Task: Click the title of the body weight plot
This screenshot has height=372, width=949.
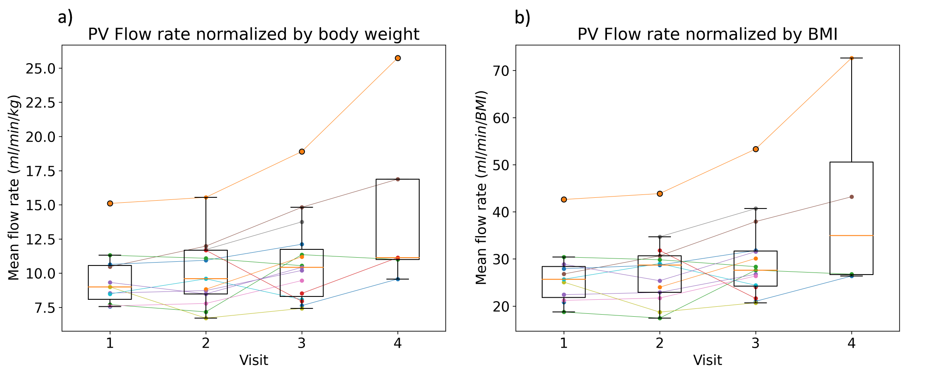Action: tap(253, 35)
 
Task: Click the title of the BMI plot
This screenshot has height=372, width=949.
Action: tap(707, 35)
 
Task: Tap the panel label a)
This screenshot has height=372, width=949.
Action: tap(65, 18)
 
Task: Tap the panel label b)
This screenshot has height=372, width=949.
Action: tap(522, 18)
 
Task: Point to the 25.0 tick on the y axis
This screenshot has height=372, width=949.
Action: tap(40, 69)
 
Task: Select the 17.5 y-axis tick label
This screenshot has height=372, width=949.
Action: tap(40, 171)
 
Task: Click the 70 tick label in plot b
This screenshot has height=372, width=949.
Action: tap(502, 71)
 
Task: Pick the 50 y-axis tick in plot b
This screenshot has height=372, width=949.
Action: tap(502, 165)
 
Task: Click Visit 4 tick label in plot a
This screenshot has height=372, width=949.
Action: tap(397, 344)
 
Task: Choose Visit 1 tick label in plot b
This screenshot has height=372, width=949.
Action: tap(564, 344)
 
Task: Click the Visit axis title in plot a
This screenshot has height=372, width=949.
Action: tap(253, 360)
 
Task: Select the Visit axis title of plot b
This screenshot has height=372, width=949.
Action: tap(707, 360)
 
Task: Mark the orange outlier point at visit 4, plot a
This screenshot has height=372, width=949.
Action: tap(398, 58)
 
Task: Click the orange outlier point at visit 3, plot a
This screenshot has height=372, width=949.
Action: tap(302, 152)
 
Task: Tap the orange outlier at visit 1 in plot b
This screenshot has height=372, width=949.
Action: tap(564, 199)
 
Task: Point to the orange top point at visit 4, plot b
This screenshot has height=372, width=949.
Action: tap(852, 58)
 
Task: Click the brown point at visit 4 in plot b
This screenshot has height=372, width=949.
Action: tap(852, 197)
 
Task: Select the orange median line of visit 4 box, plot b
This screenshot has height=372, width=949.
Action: tap(852, 235)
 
